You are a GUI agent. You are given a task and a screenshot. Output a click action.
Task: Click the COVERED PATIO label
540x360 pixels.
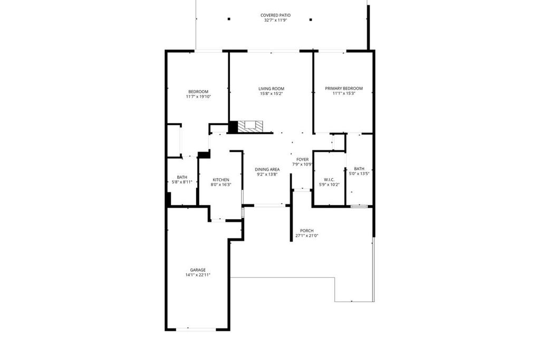[275, 15]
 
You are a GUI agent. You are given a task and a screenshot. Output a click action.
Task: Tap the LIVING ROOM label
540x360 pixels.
[271, 89]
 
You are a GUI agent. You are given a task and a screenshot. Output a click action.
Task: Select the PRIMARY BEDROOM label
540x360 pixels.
[343, 89]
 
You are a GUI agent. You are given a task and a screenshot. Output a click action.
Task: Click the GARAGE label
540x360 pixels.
[198, 270]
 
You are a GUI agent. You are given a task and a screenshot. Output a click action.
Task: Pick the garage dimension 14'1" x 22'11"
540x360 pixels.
[198, 275]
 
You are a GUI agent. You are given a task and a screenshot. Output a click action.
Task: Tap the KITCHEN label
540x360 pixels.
[220, 180]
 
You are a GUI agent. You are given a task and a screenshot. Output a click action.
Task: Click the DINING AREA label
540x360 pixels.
[267, 169]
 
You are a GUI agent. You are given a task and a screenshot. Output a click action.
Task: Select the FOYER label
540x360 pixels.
[302, 159]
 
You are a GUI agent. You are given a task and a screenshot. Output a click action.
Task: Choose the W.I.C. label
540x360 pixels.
[329, 180]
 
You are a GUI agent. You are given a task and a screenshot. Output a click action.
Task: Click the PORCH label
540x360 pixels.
[306, 231]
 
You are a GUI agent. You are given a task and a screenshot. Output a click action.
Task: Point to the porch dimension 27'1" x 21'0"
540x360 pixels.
[306, 236]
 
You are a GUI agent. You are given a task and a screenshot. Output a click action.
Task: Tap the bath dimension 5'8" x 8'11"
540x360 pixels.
[182, 182]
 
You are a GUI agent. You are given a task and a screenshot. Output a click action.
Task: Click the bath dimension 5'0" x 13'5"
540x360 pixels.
[359, 174]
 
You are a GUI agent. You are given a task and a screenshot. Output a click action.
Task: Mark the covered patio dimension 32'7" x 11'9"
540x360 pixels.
[275, 21]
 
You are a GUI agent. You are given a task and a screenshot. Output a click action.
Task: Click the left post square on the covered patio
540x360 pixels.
[229, 20]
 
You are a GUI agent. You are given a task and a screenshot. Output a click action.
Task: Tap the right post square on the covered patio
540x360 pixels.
[311, 20]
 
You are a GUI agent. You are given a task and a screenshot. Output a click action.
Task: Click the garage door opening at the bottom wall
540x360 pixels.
[196, 329]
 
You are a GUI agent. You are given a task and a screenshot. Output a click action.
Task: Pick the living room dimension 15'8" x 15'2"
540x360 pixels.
[271, 94]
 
